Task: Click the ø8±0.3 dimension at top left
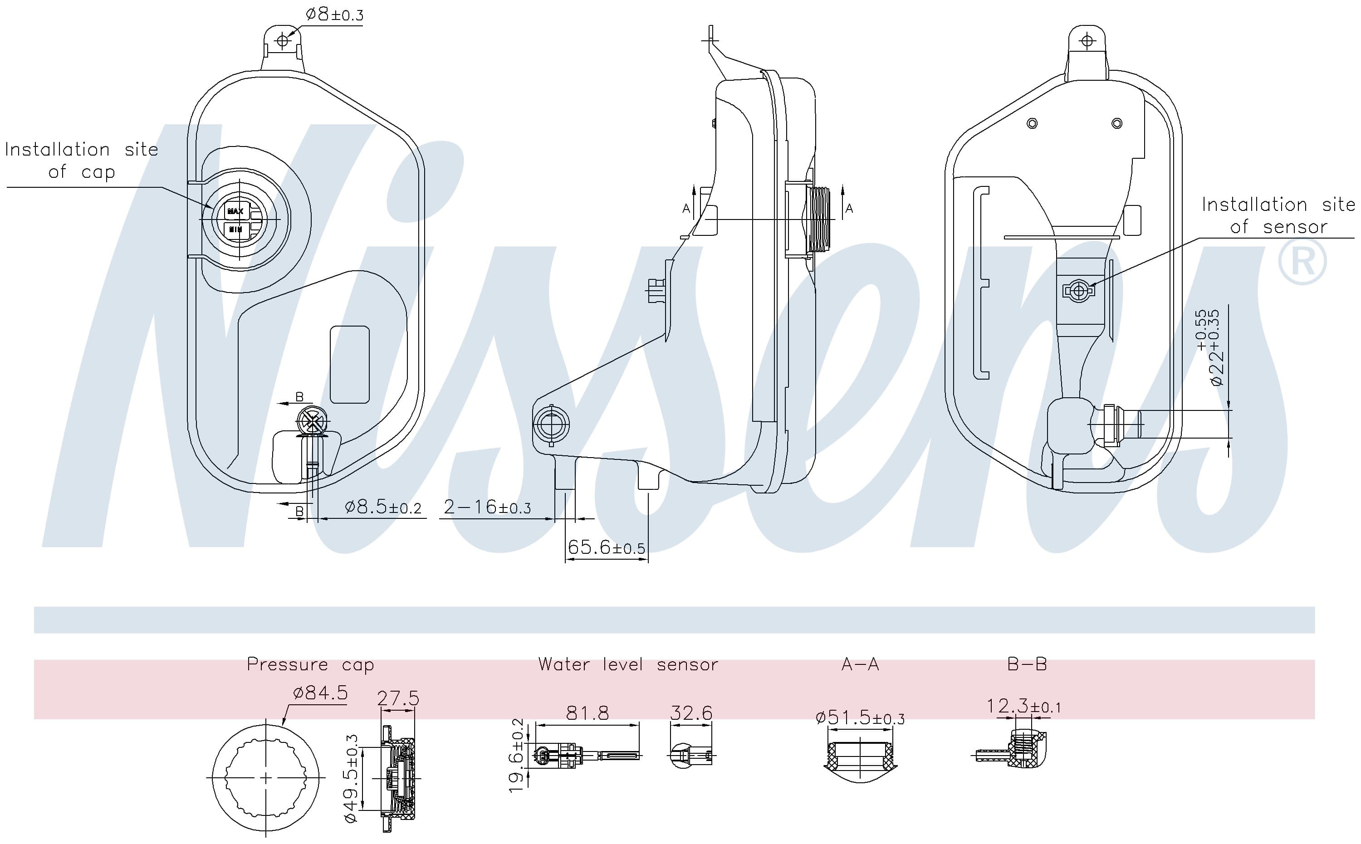coord(334,15)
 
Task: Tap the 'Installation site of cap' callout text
coord(82,161)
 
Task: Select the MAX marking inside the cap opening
coord(235,211)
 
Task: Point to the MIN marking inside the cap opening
coord(235,229)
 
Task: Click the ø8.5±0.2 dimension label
coord(383,507)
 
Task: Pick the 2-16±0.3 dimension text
coord(487,507)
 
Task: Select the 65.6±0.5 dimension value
coord(606,547)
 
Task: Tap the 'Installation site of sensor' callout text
coord(1278,215)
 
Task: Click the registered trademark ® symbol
coord(1302,261)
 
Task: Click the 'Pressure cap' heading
coord(310,664)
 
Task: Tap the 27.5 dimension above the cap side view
coord(397,698)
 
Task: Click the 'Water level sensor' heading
coord(627,664)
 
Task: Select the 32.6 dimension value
coord(691,713)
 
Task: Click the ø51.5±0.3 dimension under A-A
coord(860,717)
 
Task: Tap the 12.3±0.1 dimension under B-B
coord(1023,707)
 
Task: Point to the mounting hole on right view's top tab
coord(1087,41)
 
